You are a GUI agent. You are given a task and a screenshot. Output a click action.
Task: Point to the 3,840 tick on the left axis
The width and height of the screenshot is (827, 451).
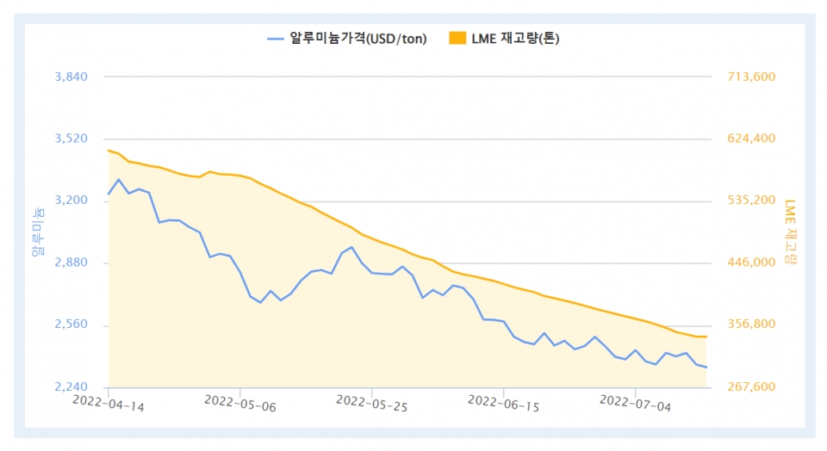point(72,77)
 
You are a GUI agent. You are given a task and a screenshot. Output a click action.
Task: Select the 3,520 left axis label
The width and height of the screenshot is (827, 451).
point(72,139)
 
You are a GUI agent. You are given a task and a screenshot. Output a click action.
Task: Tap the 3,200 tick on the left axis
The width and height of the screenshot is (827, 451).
point(72,201)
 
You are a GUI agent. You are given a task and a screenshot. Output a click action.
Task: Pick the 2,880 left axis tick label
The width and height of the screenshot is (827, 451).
point(72,263)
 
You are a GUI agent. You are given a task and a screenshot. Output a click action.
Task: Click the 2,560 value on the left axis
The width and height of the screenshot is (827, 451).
point(72,325)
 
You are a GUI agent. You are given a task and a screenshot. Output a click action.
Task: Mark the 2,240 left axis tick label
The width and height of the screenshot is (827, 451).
point(72,387)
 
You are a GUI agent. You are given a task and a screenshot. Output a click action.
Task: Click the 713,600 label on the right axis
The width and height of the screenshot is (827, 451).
point(752,77)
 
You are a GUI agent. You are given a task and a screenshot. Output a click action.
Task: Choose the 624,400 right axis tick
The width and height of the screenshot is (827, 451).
point(752,139)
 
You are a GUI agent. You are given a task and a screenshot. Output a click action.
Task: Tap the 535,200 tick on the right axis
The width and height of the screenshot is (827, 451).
point(752,201)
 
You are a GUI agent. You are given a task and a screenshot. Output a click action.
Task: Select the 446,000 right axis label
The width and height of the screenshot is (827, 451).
point(752,263)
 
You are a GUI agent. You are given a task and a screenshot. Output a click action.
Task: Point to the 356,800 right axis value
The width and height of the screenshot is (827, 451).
point(752,325)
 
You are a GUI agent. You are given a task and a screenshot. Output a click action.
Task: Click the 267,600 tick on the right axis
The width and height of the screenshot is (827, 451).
point(752,387)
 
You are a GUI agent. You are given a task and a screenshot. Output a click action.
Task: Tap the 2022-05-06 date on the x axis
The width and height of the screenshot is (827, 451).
point(240,403)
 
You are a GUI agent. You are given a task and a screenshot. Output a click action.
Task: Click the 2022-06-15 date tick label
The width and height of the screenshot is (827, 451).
point(503,403)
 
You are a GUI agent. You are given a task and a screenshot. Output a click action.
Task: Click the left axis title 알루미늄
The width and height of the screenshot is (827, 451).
point(37,232)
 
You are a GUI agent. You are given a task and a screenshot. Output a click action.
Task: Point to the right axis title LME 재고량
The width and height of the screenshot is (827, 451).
point(790,232)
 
